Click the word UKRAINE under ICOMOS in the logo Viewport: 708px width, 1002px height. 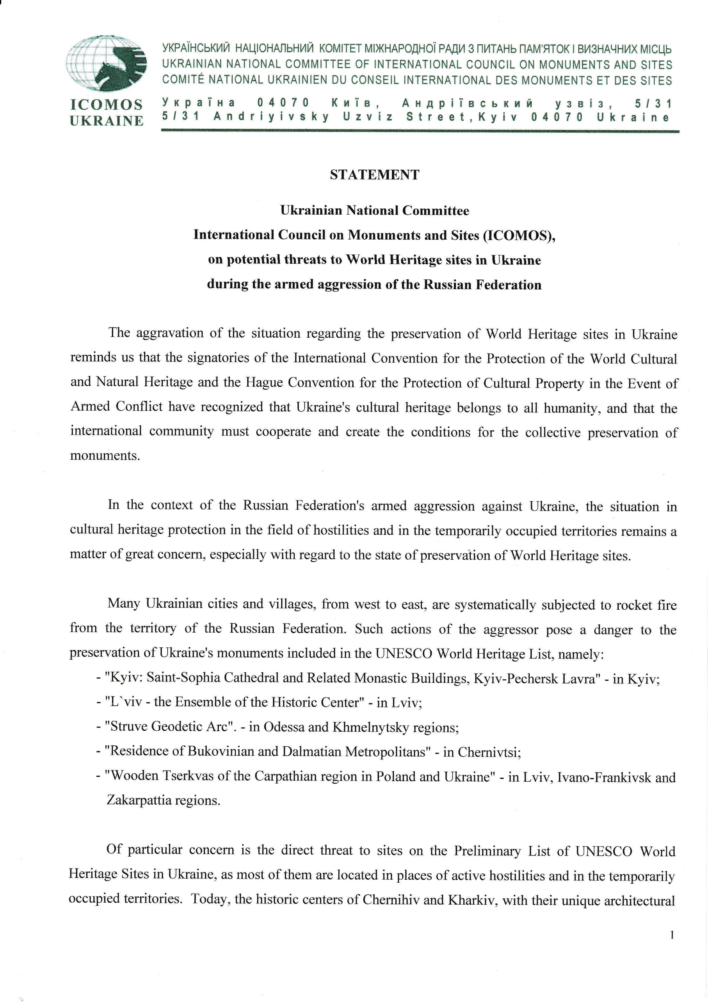[106, 121]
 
